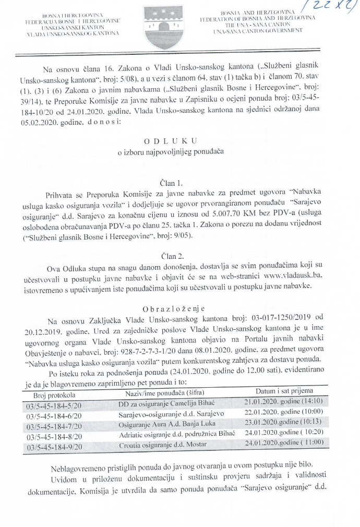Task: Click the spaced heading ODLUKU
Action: pos(170,141)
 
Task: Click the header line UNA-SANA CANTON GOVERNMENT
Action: pos(258,31)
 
